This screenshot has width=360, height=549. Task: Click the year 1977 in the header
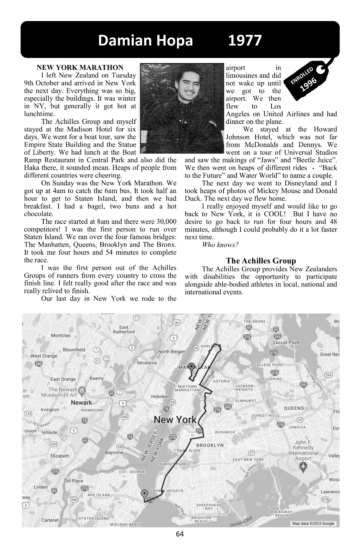(x=245, y=41)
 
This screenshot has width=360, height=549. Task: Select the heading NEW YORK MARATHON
(x=80, y=67)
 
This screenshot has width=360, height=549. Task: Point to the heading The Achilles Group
(x=261, y=261)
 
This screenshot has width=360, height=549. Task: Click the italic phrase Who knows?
(x=220, y=245)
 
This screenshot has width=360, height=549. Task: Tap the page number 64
(x=180, y=534)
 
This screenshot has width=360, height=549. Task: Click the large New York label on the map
(x=175, y=420)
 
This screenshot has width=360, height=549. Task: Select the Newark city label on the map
(x=81, y=403)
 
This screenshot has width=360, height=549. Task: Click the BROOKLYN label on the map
(x=210, y=445)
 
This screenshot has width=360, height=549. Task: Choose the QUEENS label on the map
(x=294, y=408)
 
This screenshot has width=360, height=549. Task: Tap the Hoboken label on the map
(x=160, y=396)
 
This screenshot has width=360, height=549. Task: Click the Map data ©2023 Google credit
(x=313, y=523)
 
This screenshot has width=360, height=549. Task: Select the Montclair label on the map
(x=61, y=335)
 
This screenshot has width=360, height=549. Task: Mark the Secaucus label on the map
(x=147, y=363)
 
